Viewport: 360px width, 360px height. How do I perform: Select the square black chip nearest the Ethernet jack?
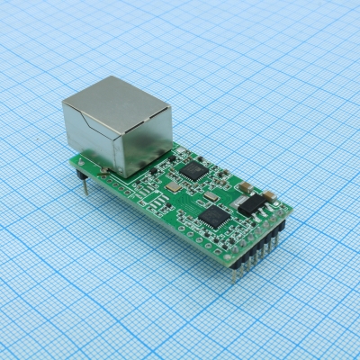click(192, 169)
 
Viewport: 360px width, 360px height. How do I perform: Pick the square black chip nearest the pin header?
click(214, 216)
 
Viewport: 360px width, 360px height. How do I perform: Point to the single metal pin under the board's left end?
click(85, 184)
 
